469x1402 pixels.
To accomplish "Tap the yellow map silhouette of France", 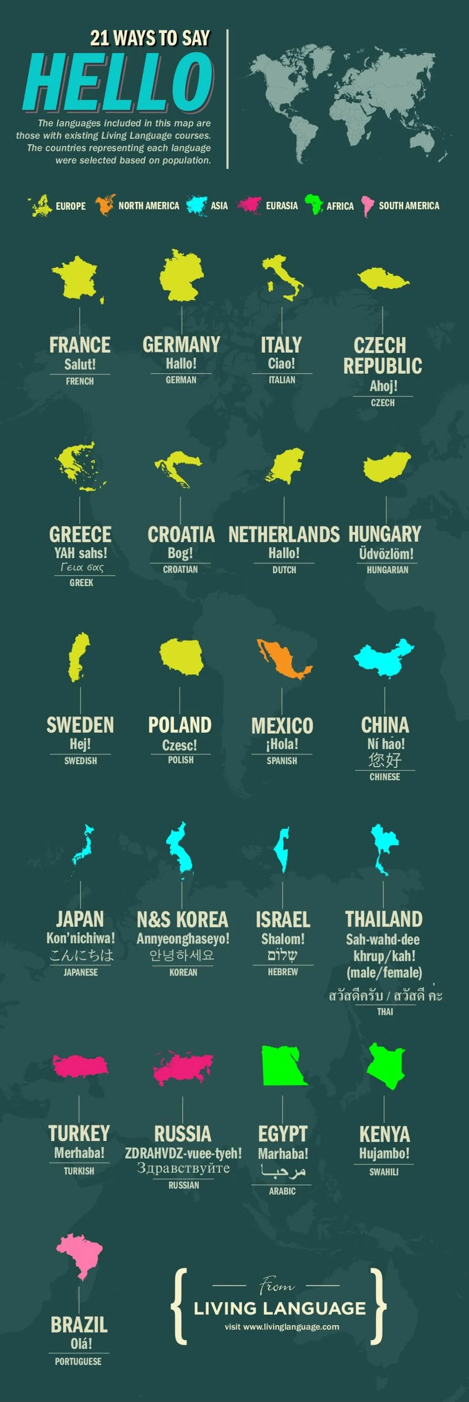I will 77,277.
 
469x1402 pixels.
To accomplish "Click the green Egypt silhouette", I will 282,1066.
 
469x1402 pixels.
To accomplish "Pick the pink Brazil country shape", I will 80,1254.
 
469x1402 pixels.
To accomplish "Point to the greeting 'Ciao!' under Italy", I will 281,363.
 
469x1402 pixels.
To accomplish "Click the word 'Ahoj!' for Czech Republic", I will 383,386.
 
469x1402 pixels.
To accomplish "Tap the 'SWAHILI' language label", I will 384,1172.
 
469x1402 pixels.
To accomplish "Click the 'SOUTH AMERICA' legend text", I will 409,206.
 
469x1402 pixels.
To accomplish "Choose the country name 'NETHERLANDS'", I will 283,534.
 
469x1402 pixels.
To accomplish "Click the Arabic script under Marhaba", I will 282,1171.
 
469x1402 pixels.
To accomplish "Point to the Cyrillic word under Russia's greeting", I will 183,1167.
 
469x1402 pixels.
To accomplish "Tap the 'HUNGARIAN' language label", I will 387,570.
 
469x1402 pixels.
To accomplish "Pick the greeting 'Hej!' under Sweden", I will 80,743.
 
